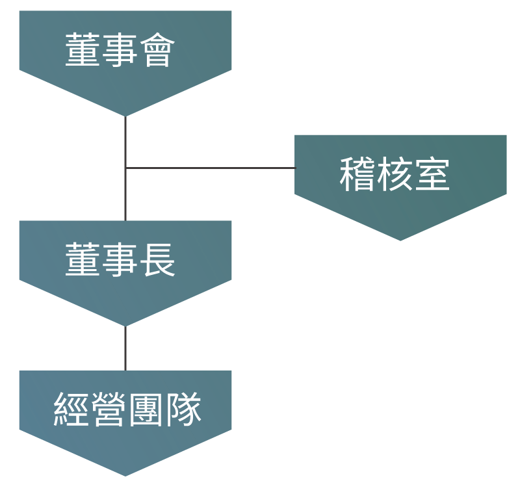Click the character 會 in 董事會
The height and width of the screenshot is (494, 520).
[x=157, y=50]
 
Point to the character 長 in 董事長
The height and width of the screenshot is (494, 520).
[x=157, y=259]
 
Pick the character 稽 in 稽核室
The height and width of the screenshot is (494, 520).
[x=357, y=174]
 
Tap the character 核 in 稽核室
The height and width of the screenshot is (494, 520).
[x=395, y=174]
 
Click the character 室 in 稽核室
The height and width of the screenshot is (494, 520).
[x=432, y=174]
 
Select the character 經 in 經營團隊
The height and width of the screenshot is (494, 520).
[x=71, y=409]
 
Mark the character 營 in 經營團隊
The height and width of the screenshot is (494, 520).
[x=109, y=409]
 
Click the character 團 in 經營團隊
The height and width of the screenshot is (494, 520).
[x=146, y=409]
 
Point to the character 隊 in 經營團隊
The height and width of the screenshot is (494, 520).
[x=183, y=409]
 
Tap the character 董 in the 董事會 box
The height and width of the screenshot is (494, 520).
[x=83, y=50]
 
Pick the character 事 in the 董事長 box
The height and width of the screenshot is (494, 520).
[x=120, y=259]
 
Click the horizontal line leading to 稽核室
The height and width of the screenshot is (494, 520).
[x=210, y=168]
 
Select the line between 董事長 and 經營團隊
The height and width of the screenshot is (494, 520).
[x=125, y=348]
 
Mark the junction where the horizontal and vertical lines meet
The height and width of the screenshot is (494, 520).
[x=125, y=168]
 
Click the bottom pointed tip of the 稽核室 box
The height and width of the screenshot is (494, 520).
[x=400, y=240]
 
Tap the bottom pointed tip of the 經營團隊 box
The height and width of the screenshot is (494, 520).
[x=125, y=476]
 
